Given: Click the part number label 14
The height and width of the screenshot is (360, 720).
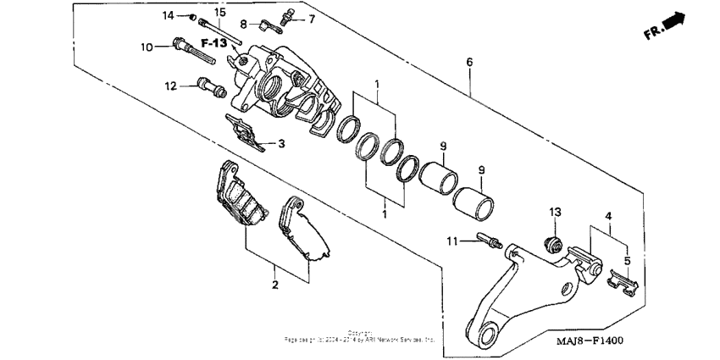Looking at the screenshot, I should pos(168,15).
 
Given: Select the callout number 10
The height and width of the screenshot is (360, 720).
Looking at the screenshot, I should pos(145,47).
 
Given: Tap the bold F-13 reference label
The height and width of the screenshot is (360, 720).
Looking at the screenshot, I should pos(213,42).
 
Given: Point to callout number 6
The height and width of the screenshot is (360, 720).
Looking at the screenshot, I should pos(468,62).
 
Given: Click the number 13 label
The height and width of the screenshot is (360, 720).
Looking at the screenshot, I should pos(555,211).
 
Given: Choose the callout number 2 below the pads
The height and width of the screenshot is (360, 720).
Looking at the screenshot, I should pos(275,285).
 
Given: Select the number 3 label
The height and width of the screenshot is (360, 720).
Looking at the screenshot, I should pos(282,145).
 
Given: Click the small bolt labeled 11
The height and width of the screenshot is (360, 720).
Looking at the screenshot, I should pos(490,244).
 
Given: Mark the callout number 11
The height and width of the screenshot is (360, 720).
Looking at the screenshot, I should pos(453,242).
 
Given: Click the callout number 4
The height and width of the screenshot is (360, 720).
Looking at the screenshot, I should pos(610,217).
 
